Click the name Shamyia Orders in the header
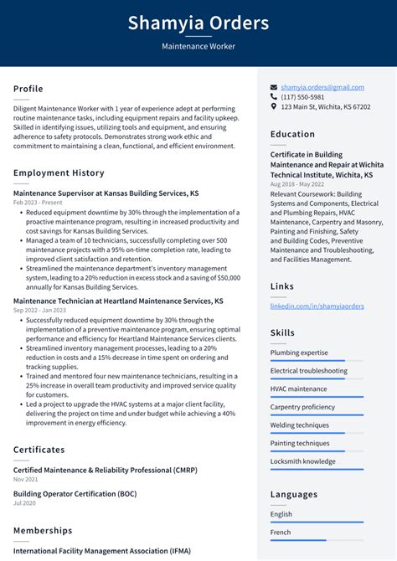pos(198,23)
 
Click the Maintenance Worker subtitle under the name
pos(198,47)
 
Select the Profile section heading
pos(28,89)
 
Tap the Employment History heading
pos(59,172)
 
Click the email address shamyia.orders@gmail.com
pos(322,87)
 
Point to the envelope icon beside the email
pos(274,87)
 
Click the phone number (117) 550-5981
pos(302,97)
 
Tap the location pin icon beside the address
pos(274,107)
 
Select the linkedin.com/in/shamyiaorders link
pos(317,306)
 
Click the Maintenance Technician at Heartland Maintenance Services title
pos(118,300)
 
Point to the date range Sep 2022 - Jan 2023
pos(40,310)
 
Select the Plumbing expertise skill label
pos(299,353)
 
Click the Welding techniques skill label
pos(299,425)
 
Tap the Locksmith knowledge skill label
pos(302,461)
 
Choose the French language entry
pos(281,532)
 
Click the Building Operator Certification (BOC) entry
pos(75,493)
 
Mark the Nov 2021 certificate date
pos(25,479)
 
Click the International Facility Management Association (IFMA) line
pos(102,551)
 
